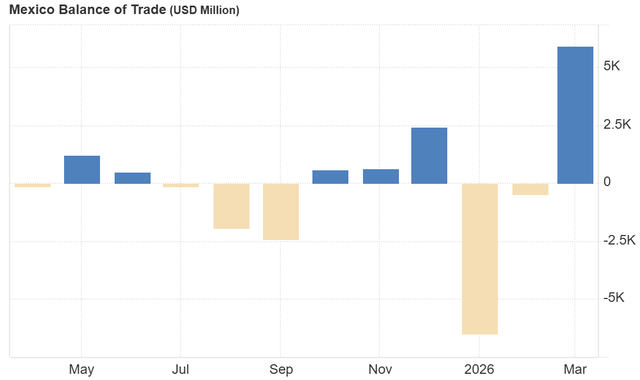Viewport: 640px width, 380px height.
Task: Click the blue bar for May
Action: click(x=82, y=170)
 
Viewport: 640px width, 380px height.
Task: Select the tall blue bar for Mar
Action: click(x=575, y=115)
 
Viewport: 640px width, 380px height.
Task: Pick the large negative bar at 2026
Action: click(x=480, y=259)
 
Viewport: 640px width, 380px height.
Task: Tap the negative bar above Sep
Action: click(x=281, y=212)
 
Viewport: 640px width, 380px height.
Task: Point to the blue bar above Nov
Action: click(x=381, y=177)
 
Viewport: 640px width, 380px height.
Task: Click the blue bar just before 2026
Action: click(x=429, y=156)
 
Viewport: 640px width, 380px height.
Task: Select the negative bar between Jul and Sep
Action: click(x=232, y=206)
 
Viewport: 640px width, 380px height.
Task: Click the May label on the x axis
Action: click(x=81, y=369)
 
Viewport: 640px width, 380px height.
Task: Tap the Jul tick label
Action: click(x=180, y=369)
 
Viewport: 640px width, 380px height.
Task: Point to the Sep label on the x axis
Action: click(x=281, y=369)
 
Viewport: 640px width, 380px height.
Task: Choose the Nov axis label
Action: click(x=380, y=369)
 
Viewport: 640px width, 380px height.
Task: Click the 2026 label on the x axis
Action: click(x=479, y=369)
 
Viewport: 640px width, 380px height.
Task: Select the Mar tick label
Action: click(x=575, y=369)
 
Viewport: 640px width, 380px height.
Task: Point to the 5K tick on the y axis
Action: click(x=611, y=66)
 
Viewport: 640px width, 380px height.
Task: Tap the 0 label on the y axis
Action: click(x=607, y=182)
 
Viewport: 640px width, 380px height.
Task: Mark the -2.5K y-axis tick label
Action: click(x=619, y=241)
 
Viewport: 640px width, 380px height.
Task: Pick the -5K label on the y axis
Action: click(x=613, y=298)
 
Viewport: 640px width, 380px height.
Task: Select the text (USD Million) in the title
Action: click(x=205, y=10)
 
